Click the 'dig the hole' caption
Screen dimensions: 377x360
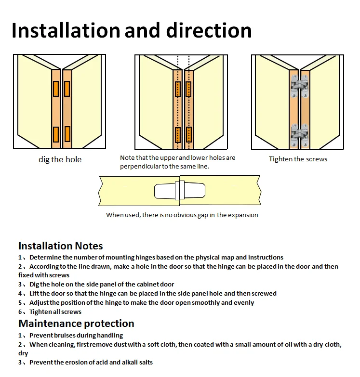(60, 159)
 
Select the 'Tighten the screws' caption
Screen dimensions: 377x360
(298, 159)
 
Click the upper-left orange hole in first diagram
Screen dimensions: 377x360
(56, 89)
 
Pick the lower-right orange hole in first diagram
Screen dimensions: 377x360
(67, 134)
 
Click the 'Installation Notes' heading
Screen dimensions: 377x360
(61, 246)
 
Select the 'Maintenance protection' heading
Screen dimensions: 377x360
(76, 323)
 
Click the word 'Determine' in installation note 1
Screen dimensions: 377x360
(45, 257)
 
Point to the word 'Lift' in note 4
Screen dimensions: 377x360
(35, 293)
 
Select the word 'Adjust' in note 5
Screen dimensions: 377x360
(39, 302)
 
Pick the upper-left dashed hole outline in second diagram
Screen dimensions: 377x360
(178, 89)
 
